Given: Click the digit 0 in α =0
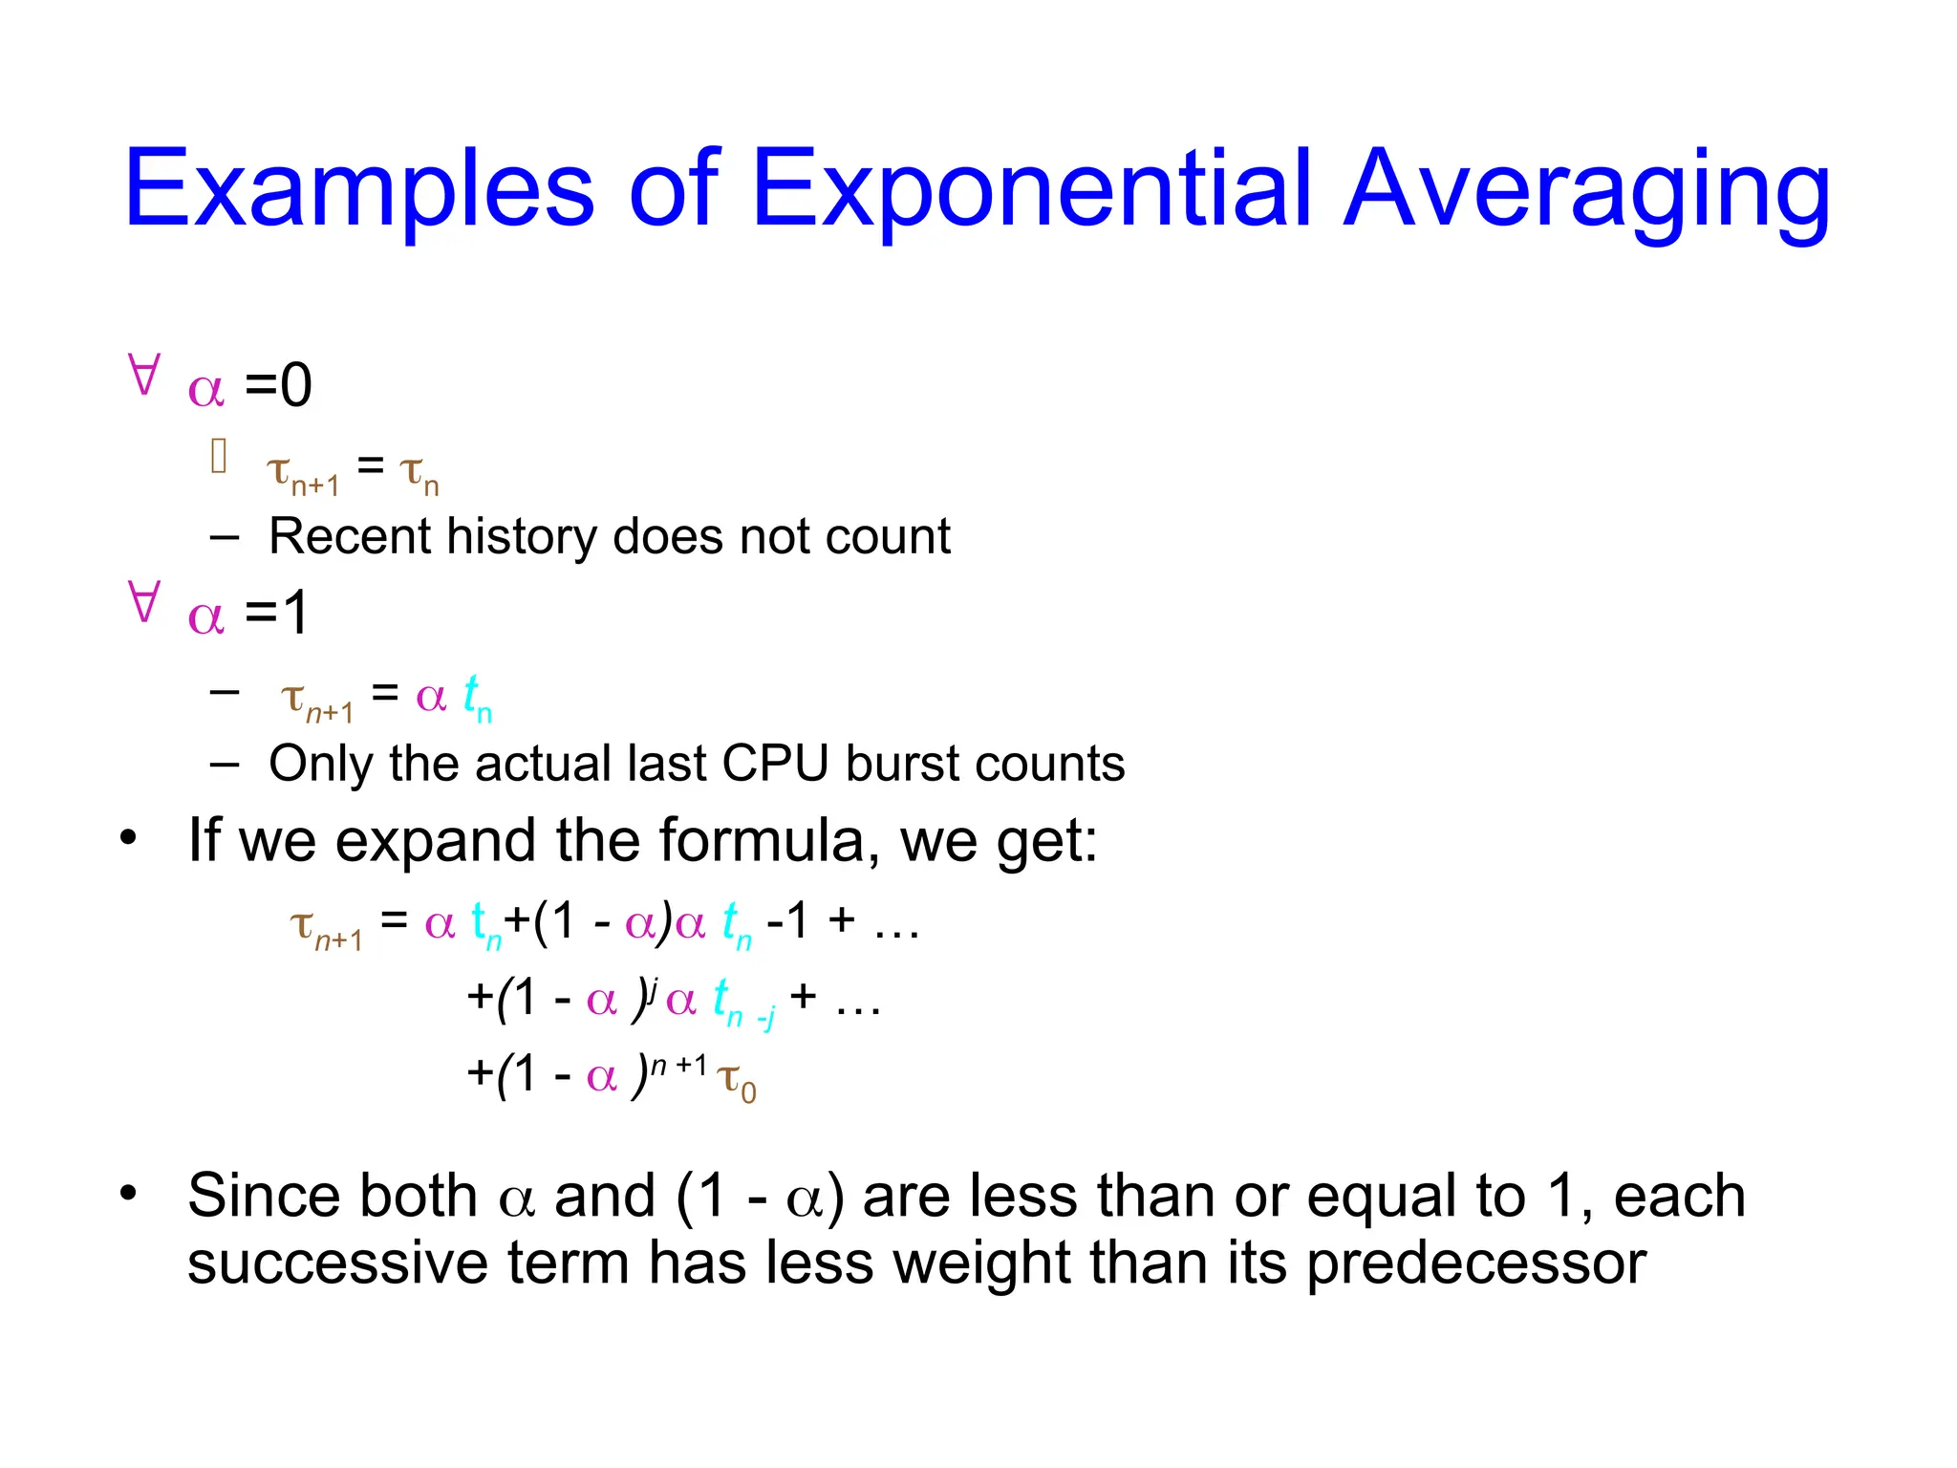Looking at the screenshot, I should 295,385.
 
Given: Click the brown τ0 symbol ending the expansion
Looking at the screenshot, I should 737,1081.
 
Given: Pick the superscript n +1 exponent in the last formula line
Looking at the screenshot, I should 679,1065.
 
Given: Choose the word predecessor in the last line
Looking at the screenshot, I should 1475,1263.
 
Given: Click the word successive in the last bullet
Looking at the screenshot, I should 337,1263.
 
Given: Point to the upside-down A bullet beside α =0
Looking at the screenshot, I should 143,375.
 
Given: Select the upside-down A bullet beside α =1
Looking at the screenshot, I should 143,602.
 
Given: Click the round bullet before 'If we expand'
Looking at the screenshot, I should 129,838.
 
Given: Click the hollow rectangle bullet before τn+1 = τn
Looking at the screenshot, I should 219,456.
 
